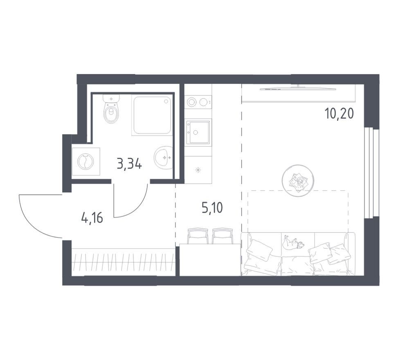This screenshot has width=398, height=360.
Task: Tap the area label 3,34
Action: pyautogui.click(x=129, y=164)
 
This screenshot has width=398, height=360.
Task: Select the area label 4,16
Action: pyautogui.click(x=92, y=218)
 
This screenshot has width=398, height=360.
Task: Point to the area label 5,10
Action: pyautogui.click(x=212, y=207)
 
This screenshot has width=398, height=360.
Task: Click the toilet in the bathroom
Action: pyautogui.click(x=111, y=109)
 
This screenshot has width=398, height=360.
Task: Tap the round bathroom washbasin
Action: pyautogui.click(x=163, y=157)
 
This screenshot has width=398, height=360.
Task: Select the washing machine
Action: pyautogui.click(x=86, y=162)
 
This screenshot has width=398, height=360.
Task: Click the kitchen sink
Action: pyautogui.click(x=198, y=132)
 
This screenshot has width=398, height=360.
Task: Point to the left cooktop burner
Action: pyautogui.click(x=192, y=102)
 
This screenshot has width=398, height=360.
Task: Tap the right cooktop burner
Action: pyautogui.click(x=204, y=102)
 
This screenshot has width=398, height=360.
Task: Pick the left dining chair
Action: pyautogui.click(x=198, y=236)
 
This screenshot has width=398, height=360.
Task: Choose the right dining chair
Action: pyautogui.click(x=223, y=236)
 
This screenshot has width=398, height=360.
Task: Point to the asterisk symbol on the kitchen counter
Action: pyautogui.click(x=198, y=170)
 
